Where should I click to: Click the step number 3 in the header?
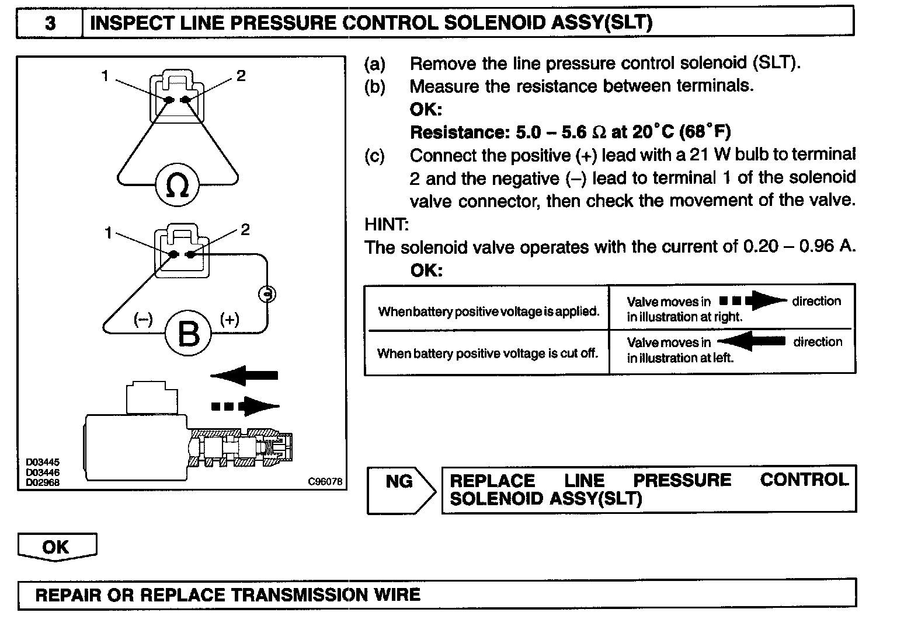50,23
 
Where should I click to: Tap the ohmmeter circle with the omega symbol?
177,185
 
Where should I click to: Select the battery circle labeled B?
188,333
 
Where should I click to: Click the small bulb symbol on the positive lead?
267,294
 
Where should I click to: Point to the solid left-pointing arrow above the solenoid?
245,375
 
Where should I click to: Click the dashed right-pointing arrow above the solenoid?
245,406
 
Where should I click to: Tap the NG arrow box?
401,489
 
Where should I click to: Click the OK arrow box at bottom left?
57,547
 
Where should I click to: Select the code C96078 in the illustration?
325,481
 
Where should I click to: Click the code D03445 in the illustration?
42,462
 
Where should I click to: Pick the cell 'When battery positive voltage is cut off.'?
488,353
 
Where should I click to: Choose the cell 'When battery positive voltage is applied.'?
489,311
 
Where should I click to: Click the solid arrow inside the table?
752,341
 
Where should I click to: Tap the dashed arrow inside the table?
753,301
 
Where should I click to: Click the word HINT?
387,224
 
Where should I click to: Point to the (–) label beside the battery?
143,319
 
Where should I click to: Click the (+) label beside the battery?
230,319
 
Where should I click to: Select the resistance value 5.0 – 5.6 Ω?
561,132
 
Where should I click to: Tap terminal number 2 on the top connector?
241,76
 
